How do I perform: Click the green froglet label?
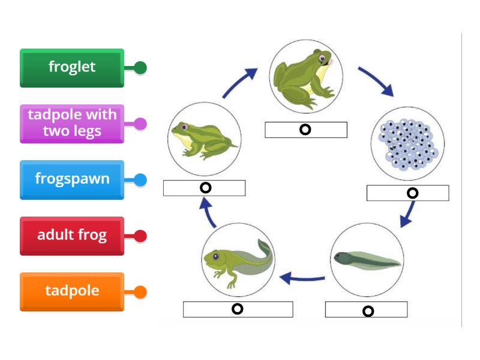(72, 67)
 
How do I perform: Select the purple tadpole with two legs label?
(72, 123)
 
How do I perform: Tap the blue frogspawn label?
(72, 179)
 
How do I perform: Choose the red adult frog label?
(72, 235)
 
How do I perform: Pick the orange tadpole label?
(72, 292)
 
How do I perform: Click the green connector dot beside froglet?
(140, 68)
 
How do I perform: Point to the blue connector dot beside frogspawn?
(140, 179)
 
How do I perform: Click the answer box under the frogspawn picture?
(408, 193)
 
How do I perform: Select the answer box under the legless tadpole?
(366, 310)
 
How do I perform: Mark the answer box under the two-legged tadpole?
(238, 309)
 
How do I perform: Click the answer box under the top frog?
(306, 130)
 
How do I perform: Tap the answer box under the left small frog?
(204, 188)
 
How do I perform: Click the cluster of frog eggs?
(408, 144)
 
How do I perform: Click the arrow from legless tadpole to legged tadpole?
(303, 278)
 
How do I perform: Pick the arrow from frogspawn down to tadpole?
(408, 214)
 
